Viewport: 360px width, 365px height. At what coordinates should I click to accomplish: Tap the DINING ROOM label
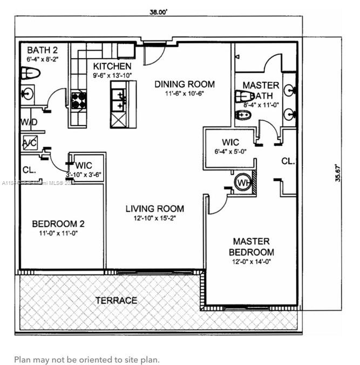pos(185,84)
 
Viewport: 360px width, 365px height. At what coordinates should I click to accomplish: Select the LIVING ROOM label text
pos(154,209)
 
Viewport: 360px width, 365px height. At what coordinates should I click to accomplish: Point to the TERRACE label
pos(116,300)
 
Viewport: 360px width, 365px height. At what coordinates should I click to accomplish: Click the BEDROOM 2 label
pos(58,224)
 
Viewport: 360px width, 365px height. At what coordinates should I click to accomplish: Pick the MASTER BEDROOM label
pos(251,247)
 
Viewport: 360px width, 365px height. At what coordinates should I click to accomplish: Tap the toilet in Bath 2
pos(31,73)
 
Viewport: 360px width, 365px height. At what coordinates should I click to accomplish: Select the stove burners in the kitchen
pos(79,100)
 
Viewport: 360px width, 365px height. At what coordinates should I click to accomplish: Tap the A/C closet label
pos(29,143)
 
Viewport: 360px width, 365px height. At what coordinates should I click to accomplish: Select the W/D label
pos(29,123)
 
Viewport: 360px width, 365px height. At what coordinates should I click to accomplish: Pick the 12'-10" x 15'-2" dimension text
pos(154,219)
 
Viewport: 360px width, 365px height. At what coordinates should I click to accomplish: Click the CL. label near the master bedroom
pos(287,161)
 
